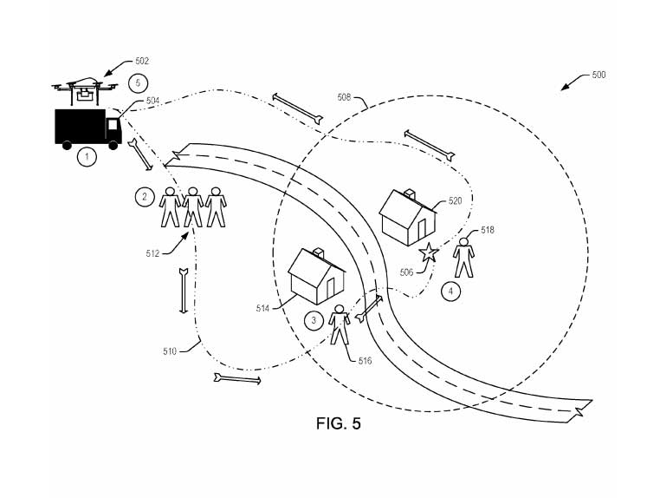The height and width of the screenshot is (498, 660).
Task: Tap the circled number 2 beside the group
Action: click(x=144, y=197)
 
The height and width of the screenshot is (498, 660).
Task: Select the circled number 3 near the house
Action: click(x=315, y=320)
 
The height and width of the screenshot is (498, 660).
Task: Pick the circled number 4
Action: click(x=450, y=292)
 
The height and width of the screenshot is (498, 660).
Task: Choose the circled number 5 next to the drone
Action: click(x=135, y=83)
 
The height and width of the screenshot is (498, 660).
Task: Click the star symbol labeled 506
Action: click(x=428, y=253)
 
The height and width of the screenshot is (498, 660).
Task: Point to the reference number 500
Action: click(x=599, y=75)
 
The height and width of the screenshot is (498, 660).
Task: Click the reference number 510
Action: click(x=169, y=351)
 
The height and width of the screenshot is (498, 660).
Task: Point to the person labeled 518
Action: click(x=465, y=257)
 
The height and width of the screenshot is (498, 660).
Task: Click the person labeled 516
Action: click(x=340, y=324)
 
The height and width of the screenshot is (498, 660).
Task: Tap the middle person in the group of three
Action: click(x=192, y=205)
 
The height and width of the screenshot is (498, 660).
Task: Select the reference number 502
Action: click(x=142, y=62)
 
